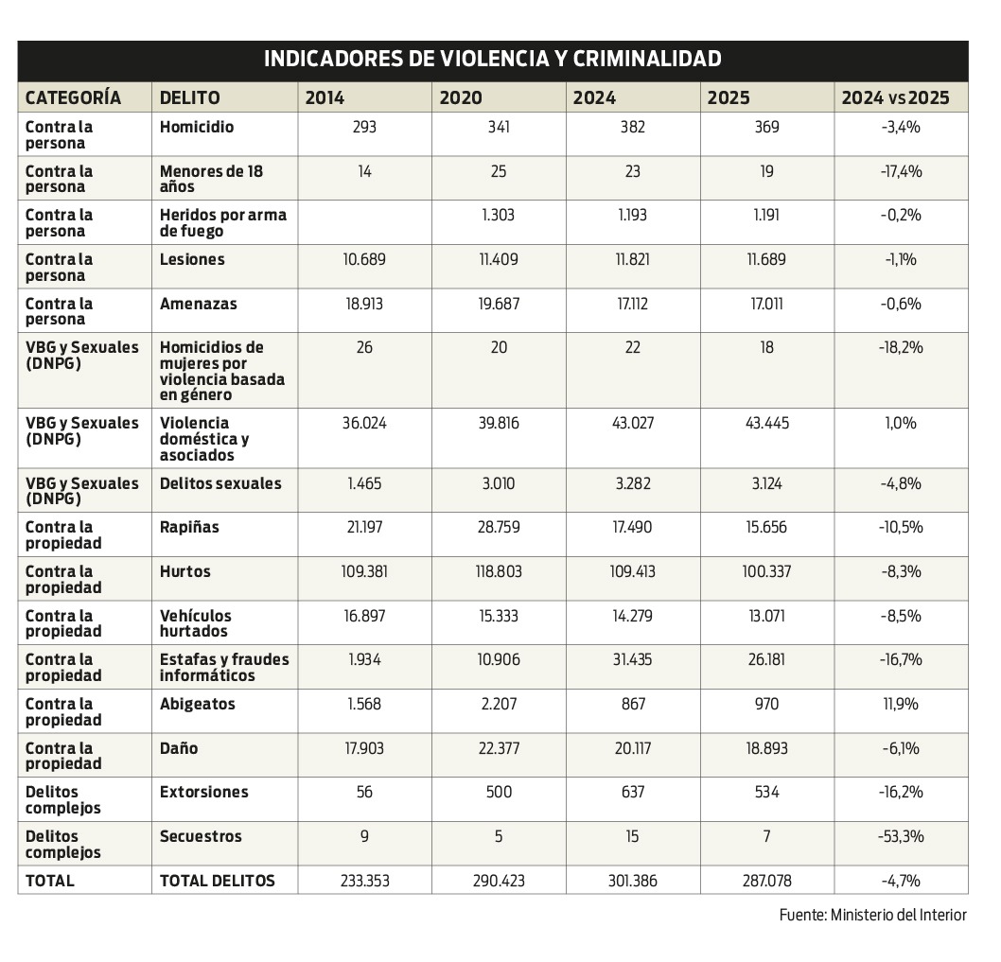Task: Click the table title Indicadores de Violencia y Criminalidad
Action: point(492,60)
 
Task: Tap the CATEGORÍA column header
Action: point(73,97)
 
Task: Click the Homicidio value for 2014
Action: point(364,127)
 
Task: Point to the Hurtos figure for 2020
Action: point(499,571)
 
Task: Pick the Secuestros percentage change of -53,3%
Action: point(901,836)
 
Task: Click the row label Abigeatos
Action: point(198,704)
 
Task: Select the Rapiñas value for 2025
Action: point(766,527)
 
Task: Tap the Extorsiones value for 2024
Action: point(633,792)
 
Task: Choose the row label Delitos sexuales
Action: point(220,483)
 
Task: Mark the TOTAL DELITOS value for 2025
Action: point(766,881)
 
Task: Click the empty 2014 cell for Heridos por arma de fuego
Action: point(364,222)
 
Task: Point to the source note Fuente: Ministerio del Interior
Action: point(872,915)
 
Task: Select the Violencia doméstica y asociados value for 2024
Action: point(633,423)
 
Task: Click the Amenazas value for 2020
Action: point(499,304)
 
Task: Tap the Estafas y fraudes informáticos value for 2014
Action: point(364,659)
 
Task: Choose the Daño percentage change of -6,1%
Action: point(901,748)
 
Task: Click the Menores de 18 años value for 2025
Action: point(766,171)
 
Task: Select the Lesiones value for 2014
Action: point(364,259)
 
